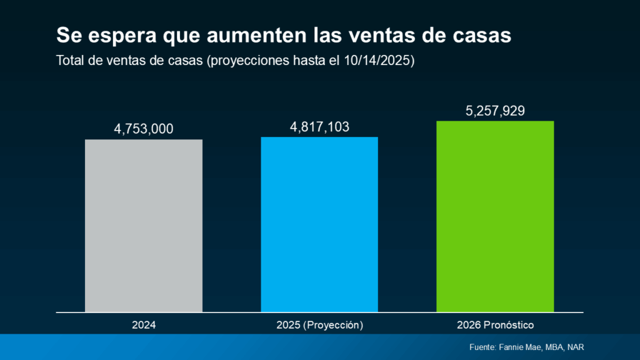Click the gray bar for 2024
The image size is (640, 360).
(144, 225)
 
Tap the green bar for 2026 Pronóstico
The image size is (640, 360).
(495, 216)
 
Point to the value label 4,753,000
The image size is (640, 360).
(144, 129)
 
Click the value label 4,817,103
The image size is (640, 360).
(319, 127)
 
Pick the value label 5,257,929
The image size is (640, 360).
(495, 111)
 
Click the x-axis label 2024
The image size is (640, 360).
(144, 326)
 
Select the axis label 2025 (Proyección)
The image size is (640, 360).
(319, 326)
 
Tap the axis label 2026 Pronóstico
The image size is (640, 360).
(495, 326)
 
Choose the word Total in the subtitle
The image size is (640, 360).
(69, 61)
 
